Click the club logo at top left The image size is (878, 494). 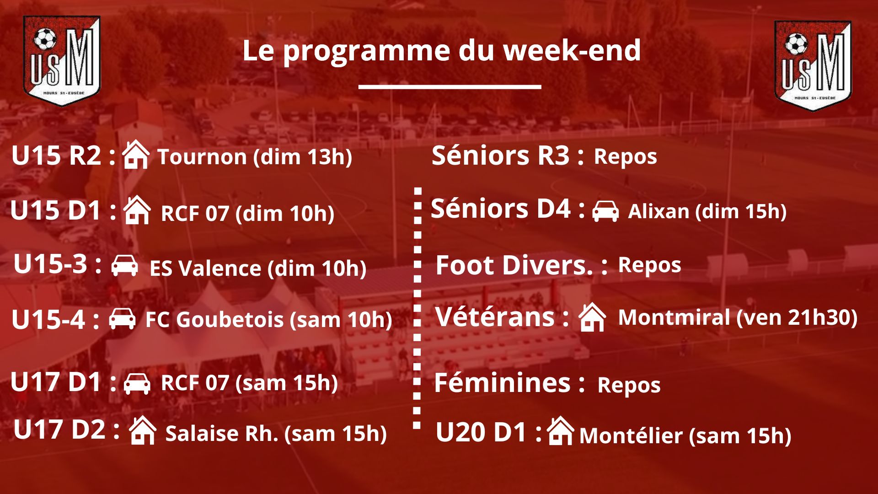click(x=62, y=61)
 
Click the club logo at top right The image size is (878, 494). click(x=813, y=65)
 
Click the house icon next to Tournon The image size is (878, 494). click(x=136, y=155)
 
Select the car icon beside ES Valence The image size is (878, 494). click(x=124, y=265)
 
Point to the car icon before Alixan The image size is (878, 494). click(x=605, y=211)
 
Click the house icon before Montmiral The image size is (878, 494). click(x=592, y=317)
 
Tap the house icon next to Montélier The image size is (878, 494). click(x=561, y=431)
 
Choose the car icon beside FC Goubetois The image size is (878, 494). click(x=122, y=318)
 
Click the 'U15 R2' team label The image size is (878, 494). click(x=56, y=156)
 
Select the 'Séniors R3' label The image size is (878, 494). click(x=501, y=155)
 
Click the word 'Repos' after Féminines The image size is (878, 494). click(x=629, y=386)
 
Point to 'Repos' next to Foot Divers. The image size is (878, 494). click(x=649, y=265)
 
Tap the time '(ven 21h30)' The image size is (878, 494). click(x=797, y=317)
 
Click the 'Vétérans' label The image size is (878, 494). click(x=495, y=317)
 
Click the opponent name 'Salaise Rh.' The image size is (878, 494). click(x=222, y=433)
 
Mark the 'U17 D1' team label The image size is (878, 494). click(x=55, y=382)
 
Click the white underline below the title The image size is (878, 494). click(x=450, y=86)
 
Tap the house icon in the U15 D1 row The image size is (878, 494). click(x=137, y=210)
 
